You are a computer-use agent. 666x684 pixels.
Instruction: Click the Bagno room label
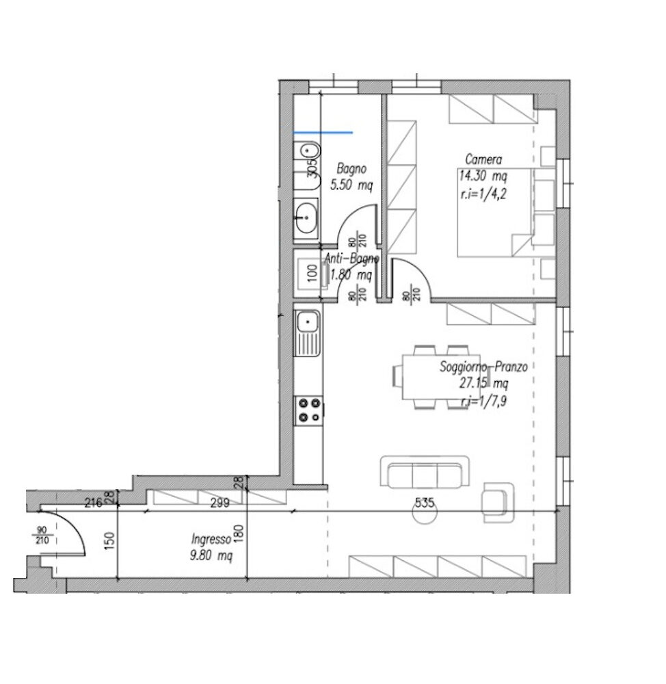[x=351, y=169]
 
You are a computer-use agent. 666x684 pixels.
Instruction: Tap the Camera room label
[x=483, y=159]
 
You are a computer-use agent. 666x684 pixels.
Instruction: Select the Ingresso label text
[x=211, y=540]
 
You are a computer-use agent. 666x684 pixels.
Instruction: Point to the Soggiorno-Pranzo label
[x=483, y=367]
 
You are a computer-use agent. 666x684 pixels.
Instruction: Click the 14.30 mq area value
[x=483, y=176]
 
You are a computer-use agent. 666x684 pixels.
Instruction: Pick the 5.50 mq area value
[x=351, y=185]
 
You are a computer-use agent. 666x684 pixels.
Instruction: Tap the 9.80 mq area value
[x=211, y=555]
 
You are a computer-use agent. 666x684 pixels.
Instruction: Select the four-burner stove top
[x=308, y=410]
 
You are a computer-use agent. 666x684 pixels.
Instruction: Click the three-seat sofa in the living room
[x=425, y=472]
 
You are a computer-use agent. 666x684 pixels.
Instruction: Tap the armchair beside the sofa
[x=498, y=502]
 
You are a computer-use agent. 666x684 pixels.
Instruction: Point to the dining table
[x=442, y=377]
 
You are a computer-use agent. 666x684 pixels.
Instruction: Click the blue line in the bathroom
[x=323, y=132]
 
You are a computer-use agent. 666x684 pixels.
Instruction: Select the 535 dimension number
[x=425, y=503]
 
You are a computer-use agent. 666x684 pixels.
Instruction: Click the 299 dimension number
[x=219, y=503]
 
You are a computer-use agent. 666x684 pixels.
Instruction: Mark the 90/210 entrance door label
[x=42, y=536]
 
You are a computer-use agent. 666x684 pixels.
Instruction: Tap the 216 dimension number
[x=94, y=503]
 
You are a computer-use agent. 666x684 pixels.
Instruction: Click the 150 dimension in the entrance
[x=109, y=540]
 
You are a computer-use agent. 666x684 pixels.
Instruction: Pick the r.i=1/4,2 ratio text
[x=483, y=194]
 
